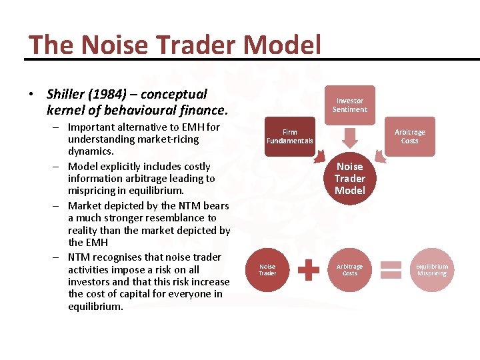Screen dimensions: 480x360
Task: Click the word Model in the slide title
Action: (x=283, y=45)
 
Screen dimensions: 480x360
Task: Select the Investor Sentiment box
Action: (x=349, y=105)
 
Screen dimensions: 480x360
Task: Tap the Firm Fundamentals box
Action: (x=289, y=136)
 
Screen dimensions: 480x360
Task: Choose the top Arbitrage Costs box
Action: (x=409, y=136)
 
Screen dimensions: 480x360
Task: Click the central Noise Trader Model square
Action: (x=350, y=178)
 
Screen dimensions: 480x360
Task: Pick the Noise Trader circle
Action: (x=267, y=269)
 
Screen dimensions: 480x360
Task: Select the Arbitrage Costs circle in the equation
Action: (x=349, y=269)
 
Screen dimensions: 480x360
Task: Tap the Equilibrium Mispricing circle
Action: (x=432, y=269)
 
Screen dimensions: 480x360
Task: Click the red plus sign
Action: (x=309, y=269)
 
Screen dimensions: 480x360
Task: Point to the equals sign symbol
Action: (x=391, y=269)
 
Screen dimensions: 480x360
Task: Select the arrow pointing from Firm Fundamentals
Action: (x=321, y=155)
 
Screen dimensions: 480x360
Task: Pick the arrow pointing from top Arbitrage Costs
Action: (x=379, y=155)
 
